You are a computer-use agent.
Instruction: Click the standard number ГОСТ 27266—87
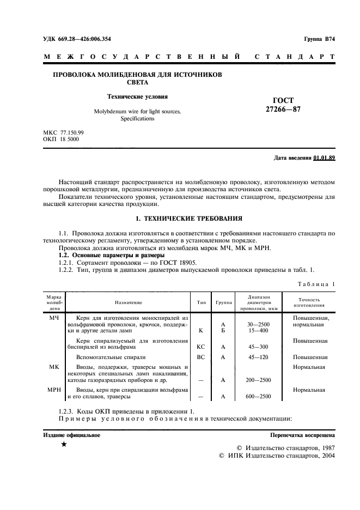[283, 105]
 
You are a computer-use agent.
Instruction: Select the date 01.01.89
[325, 158]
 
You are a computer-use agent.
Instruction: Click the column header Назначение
[128, 302]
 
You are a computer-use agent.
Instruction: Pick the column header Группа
[223, 302]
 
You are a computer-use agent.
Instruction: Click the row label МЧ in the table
[54, 317]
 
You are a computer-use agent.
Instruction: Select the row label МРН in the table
[54, 390]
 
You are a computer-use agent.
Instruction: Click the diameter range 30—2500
[258, 324]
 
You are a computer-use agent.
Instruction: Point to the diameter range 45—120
[258, 357]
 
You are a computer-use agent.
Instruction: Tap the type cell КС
[200, 347]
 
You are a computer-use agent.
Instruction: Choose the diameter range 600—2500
[258, 397]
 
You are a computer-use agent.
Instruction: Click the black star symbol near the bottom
[64, 445]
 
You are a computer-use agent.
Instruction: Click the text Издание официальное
[71, 435]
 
